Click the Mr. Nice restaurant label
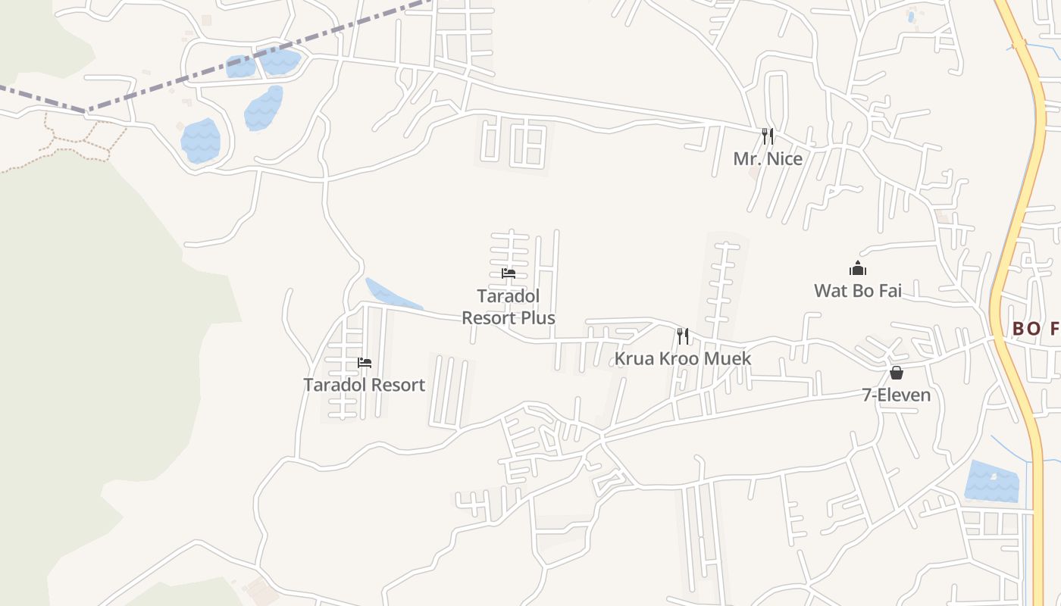pos(767,159)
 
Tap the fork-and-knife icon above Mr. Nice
pos(768,136)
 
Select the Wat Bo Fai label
pos(857,290)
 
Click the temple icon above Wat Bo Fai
pos(857,268)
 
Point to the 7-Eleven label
pos(896,395)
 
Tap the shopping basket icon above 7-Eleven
pos(896,373)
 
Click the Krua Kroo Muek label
pos(682,358)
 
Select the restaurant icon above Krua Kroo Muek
pos(683,336)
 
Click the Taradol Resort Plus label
pos(508,307)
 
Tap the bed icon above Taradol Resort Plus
pos(508,273)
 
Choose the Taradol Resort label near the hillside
pos(364,385)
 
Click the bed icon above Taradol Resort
pos(365,363)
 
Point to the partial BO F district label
pos(1035,329)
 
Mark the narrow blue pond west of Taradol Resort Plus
pos(390,296)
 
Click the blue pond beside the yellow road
pos(992,481)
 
